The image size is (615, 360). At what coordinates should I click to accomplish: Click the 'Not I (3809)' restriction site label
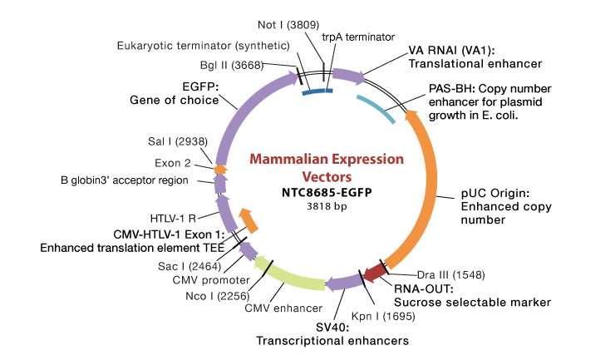(x=288, y=26)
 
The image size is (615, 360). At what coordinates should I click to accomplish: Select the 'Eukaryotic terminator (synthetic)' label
(x=203, y=45)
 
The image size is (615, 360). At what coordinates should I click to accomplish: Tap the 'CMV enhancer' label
(x=283, y=308)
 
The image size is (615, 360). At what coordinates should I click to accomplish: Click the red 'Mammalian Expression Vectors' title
(x=327, y=168)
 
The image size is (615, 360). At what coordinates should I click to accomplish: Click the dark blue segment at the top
(x=317, y=91)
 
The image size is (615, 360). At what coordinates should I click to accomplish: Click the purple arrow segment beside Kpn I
(x=344, y=284)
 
